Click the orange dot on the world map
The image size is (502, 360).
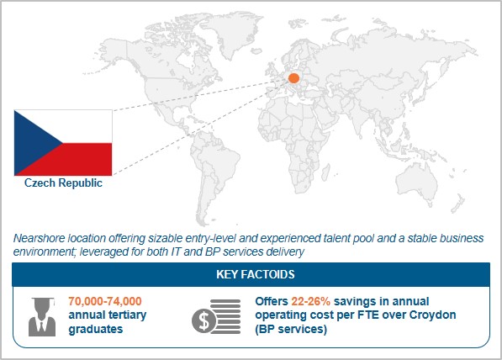tap(293, 78)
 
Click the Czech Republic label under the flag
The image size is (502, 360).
tap(63, 183)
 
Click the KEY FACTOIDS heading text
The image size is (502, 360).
tap(256, 274)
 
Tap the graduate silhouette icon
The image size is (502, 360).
tap(42, 316)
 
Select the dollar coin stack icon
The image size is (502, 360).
tap(216, 317)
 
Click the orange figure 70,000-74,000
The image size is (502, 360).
tap(105, 301)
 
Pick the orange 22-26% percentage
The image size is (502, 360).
tap(310, 301)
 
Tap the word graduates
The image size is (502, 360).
tap(96, 329)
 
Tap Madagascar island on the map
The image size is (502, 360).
tap(325, 172)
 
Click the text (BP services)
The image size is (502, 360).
tap(291, 329)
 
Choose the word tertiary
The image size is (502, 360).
tap(128, 315)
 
